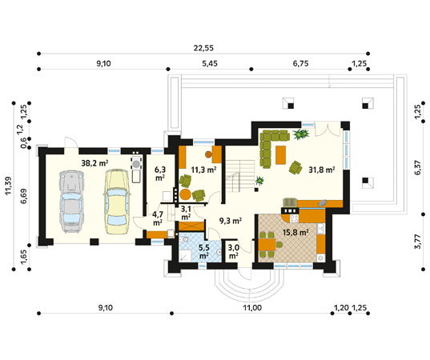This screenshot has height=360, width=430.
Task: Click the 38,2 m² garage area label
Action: point(94,163)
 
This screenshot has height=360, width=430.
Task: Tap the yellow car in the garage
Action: point(116,202)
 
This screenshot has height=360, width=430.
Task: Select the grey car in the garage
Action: point(71,202)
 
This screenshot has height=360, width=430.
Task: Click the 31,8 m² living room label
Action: point(322,170)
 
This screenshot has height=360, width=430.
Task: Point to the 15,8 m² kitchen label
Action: point(295,233)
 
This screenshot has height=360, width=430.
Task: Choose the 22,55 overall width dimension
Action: point(203,48)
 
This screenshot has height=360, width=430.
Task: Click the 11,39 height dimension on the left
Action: point(8,186)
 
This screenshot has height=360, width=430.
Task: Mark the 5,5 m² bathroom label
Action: point(204,251)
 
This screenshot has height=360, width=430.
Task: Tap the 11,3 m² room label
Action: point(203,170)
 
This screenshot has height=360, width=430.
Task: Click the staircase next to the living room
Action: point(240,176)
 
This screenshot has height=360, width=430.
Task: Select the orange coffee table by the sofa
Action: point(280,155)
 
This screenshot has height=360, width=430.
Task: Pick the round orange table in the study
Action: point(186,194)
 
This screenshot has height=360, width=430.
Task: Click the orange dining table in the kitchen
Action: point(267,244)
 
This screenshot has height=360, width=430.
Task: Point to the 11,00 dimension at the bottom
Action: point(252,308)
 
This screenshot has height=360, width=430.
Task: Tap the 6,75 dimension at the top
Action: point(300,63)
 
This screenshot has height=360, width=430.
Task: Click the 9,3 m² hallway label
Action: point(231,221)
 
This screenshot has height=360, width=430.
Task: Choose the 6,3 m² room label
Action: point(160,174)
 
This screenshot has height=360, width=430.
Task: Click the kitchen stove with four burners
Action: point(294,218)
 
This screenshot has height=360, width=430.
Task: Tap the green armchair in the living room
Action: point(295,167)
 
